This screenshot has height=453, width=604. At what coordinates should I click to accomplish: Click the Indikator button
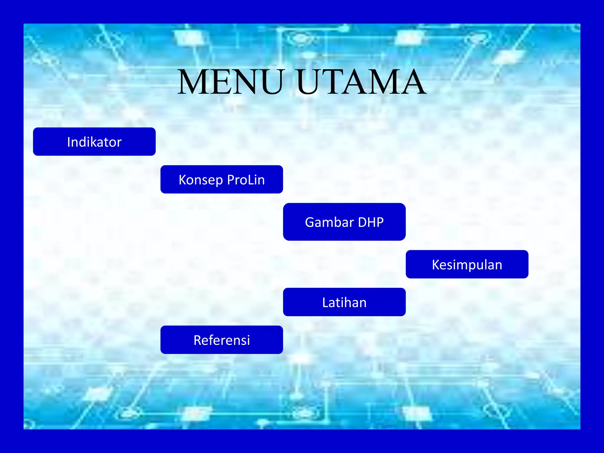94,142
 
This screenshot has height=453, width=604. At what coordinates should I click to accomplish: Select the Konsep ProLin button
221,179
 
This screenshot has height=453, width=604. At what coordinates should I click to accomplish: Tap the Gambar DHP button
344,222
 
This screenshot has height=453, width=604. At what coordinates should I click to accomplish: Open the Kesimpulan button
467,264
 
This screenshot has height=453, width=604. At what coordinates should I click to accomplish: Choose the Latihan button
344,302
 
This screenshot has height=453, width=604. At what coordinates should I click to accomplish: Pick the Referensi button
221,340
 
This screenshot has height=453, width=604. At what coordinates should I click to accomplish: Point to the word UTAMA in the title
361,82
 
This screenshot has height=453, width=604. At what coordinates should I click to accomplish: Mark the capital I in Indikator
69,142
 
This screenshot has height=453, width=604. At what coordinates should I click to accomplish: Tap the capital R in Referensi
198,340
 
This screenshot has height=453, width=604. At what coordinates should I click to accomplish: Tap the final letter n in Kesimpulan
498,265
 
